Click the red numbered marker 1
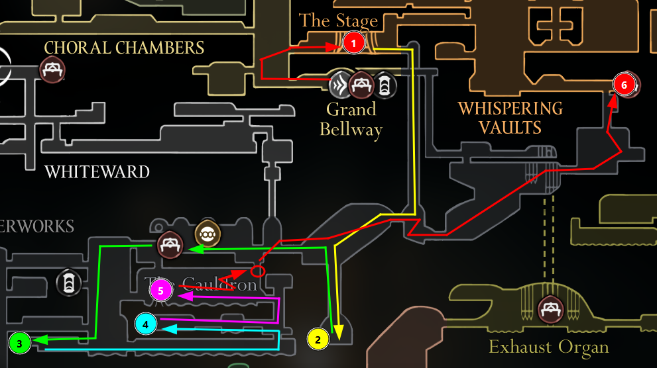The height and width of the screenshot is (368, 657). click(353, 44)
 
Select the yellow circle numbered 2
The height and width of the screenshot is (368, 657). click(318, 339)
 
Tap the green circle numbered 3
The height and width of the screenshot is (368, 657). click(20, 344)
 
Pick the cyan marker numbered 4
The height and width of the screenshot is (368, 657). click(146, 324)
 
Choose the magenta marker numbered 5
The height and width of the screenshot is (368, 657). click(161, 291)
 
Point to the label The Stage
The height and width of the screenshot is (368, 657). click(338, 21)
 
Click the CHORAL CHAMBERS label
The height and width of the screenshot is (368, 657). click(124, 48)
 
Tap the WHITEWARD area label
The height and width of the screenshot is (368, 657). click(97, 173)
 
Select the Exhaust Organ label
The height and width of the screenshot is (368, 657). click(548, 346)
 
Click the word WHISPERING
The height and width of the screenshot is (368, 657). click(510, 108)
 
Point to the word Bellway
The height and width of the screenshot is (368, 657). click(351, 130)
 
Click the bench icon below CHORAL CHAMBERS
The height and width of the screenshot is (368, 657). click(52, 69)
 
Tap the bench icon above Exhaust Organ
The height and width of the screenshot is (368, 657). click(550, 309)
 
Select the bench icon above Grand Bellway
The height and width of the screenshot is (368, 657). click(362, 84)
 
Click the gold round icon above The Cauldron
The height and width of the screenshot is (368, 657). click(208, 234)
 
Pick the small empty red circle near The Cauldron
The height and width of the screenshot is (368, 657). click(258, 271)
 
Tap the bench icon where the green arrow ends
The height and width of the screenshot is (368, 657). click(170, 246)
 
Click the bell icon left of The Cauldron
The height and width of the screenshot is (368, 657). click(68, 282)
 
